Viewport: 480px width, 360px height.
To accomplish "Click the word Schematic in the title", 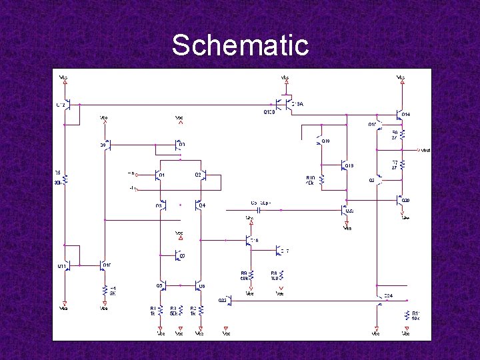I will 240,45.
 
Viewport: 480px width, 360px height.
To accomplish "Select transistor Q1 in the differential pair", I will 159,175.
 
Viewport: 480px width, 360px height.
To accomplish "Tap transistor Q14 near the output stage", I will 399,115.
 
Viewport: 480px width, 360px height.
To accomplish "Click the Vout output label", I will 425,150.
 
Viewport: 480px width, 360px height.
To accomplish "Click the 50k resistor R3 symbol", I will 179,311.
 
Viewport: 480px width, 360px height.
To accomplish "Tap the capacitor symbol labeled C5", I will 259,210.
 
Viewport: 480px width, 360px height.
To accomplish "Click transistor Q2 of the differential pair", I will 204,175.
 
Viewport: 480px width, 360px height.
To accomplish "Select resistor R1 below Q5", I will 161,311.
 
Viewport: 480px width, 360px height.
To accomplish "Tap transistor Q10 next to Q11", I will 104,265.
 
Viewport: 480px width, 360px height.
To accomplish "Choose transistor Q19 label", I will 349,165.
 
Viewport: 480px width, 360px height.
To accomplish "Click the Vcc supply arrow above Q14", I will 401,81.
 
